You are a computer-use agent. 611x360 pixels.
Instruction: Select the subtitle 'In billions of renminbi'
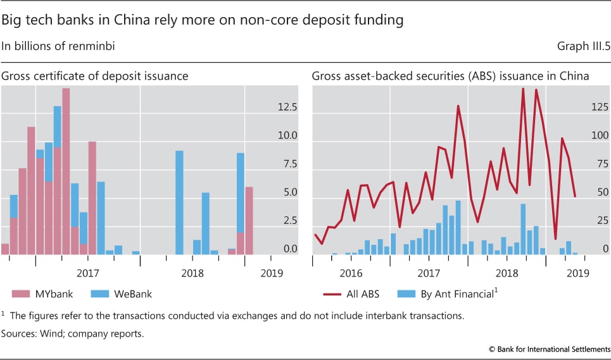point(58,46)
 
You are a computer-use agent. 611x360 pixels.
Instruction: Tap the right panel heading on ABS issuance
point(450,76)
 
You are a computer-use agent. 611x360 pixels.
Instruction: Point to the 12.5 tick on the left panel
point(288,108)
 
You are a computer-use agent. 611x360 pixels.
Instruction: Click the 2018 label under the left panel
point(192,273)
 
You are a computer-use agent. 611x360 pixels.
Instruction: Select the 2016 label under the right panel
point(351,273)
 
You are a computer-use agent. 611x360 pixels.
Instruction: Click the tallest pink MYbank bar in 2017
point(66,171)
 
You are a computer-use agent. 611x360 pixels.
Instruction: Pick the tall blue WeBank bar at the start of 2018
point(179,202)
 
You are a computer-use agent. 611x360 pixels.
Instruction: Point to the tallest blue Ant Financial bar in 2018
point(523,228)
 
